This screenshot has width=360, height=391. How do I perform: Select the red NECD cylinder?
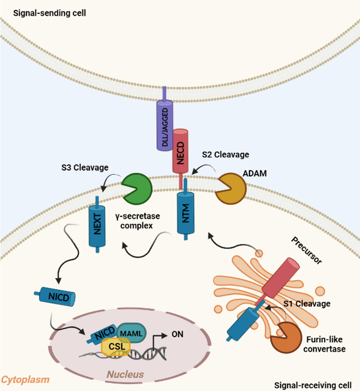click(x=180, y=150)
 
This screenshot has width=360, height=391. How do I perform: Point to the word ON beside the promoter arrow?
click(x=178, y=334)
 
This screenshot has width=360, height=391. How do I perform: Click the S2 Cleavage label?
click(x=225, y=154)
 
